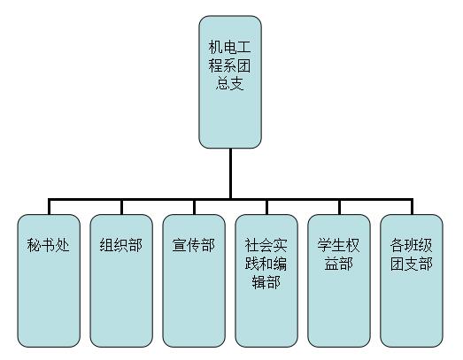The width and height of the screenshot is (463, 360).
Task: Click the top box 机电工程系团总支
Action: point(230,81)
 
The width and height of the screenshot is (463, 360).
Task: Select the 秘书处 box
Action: point(49,280)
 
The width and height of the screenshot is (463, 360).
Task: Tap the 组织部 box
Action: point(121,280)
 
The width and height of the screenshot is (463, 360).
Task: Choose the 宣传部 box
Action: point(194,280)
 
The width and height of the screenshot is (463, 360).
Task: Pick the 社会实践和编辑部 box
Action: point(266,280)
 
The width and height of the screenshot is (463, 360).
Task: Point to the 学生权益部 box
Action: point(339,280)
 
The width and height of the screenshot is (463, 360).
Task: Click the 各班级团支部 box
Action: point(412,280)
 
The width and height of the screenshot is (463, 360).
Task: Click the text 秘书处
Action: point(49,245)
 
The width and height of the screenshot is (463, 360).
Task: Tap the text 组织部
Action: point(121,245)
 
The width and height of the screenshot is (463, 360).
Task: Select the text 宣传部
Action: point(194,245)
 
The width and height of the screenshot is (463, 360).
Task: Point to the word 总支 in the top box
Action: point(229,83)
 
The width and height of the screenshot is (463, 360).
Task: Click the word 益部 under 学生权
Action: point(339,264)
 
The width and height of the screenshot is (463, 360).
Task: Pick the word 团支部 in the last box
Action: point(412,264)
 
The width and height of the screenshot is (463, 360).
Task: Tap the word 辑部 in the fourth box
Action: point(266,282)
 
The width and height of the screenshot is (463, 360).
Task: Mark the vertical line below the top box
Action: point(230,173)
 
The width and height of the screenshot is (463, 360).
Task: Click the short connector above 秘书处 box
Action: point(49,207)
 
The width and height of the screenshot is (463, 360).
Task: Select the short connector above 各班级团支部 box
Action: point(412,207)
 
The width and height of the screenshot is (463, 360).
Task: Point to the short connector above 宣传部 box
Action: point(194,207)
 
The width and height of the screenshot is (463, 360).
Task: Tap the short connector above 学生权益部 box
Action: point(339,207)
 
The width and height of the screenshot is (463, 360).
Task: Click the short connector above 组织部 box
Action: point(121,207)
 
